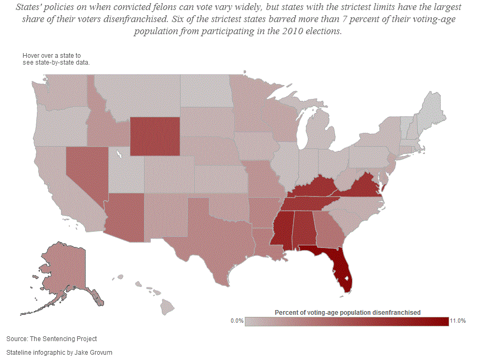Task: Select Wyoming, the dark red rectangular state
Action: pyautogui.click(x=155, y=136)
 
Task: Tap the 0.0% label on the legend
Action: pyautogui.click(x=237, y=321)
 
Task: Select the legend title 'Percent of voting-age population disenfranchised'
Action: pyautogui.click(x=347, y=312)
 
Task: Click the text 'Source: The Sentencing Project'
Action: pyautogui.click(x=51, y=339)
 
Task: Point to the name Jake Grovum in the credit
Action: pyautogui.click(x=95, y=352)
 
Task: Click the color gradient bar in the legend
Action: pyautogui.click(x=347, y=321)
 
